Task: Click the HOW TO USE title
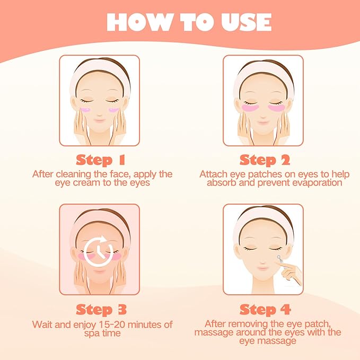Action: (x=188, y=22)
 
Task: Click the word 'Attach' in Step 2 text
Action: (x=212, y=174)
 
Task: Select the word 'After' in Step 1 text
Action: (x=42, y=174)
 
